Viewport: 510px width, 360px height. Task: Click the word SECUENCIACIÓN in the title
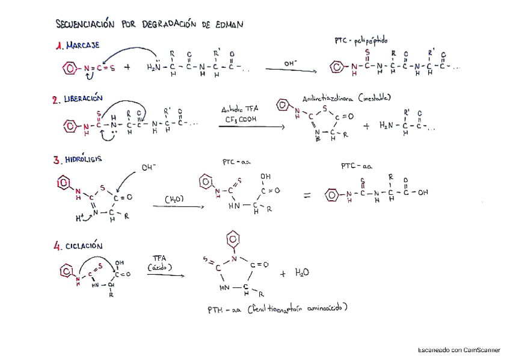point(84,25)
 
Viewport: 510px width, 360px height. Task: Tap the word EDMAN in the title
point(226,25)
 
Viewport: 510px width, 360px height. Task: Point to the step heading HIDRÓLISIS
point(85,159)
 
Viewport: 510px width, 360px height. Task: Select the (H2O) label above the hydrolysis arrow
point(174,198)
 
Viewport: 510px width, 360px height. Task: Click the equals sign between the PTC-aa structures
point(307,195)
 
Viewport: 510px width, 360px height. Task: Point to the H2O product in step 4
point(302,273)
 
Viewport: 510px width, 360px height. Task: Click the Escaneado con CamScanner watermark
point(459,349)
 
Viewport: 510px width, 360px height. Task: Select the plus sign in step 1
point(127,67)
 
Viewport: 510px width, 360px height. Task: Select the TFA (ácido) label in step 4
point(159,263)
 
